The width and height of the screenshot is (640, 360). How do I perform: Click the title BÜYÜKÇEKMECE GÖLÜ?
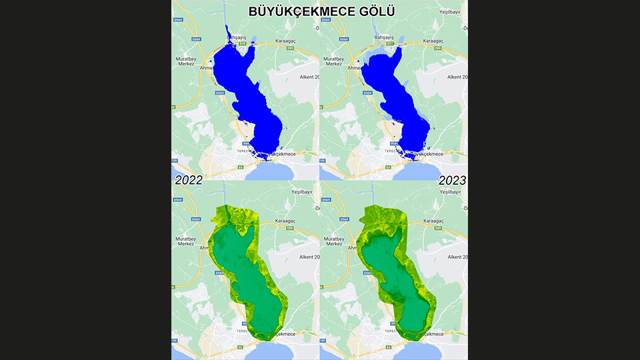321,11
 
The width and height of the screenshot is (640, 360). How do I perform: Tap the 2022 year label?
189,180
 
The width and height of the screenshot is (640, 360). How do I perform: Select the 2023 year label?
452,180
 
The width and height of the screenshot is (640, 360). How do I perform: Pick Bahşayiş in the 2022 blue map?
237,37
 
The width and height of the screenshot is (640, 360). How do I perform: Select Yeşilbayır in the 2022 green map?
303,191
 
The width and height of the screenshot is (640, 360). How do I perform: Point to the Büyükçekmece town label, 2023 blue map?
427,154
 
